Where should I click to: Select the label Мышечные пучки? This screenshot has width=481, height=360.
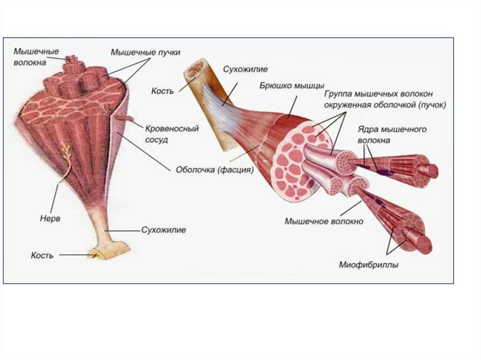[x=146, y=52]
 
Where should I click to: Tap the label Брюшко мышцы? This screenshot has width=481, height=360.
[x=292, y=85]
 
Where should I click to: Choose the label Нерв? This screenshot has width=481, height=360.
[x=49, y=219]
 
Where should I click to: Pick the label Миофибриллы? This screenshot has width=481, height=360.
[x=369, y=265]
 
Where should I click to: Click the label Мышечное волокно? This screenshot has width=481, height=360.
[x=324, y=221]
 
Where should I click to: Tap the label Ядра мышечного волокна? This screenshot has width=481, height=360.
[x=392, y=134]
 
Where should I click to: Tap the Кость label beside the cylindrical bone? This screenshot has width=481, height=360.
[x=162, y=91]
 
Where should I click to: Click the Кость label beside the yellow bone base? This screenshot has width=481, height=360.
[x=42, y=255]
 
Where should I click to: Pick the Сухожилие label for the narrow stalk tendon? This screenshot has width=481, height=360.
[x=164, y=230]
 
